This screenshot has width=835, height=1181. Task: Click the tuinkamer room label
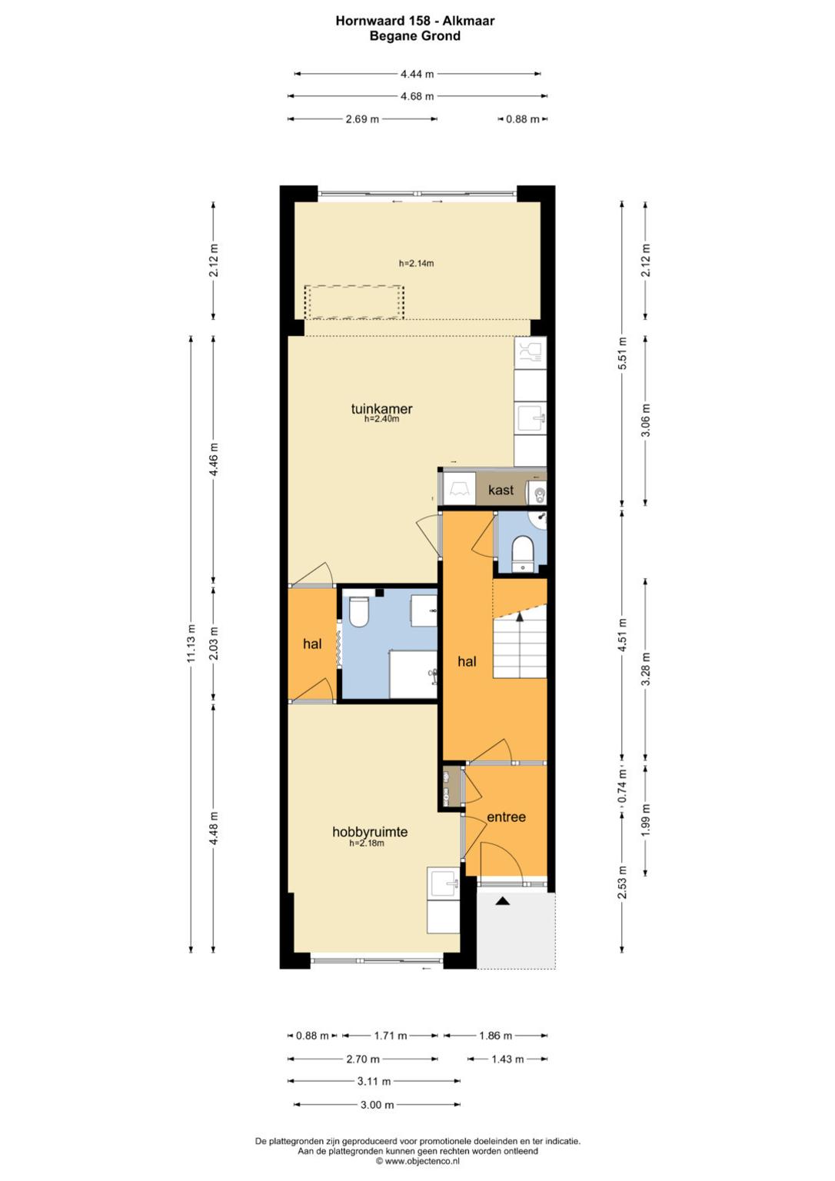tap(381, 408)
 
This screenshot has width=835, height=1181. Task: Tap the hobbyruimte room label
tap(370, 831)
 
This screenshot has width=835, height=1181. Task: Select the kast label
tap(501, 490)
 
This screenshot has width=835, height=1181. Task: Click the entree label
tap(506, 817)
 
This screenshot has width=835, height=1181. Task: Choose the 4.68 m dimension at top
tap(417, 96)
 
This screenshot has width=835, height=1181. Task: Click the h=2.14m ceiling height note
tap(417, 263)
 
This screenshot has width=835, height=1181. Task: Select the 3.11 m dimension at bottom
tap(374, 1081)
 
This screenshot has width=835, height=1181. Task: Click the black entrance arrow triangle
tap(504, 901)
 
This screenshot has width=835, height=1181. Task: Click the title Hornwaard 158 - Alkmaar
tap(415, 21)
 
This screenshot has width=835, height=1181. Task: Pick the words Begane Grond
tap(415, 36)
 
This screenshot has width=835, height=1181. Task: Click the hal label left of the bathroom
tap(312, 644)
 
